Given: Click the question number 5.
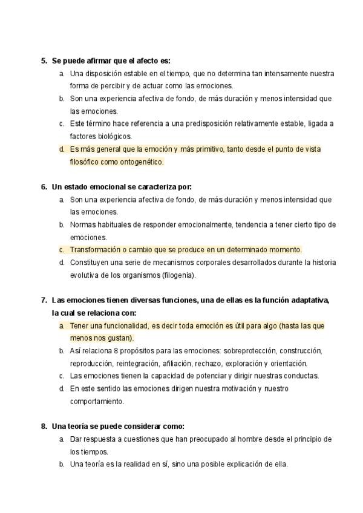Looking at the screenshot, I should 44,60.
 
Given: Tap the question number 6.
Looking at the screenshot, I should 44,186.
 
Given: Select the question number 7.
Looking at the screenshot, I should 44,300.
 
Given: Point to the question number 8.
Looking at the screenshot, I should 44,426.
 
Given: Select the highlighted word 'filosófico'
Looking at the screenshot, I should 87,162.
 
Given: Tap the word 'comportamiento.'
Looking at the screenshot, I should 97,401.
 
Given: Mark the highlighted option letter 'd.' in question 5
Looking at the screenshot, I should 62,149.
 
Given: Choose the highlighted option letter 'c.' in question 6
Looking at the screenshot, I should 62,249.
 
